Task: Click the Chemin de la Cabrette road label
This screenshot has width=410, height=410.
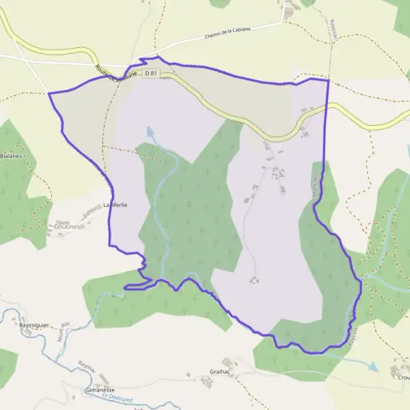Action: click(x=228, y=33)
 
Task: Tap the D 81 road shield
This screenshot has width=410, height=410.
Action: click(x=151, y=72)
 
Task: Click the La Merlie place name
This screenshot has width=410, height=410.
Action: click(x=115, y=204)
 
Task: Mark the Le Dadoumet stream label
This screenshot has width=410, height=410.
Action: click(x=117, y=396)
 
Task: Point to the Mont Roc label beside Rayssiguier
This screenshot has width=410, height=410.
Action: click(x=65, y=333)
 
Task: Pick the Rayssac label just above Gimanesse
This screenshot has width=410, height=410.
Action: click(x=88, y=369)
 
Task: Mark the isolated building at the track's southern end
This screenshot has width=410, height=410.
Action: click(x=254, y=279)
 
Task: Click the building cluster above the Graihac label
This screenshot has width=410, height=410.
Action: click(x=227, y=362)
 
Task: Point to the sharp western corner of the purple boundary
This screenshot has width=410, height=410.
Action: click(x=49, y=93)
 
